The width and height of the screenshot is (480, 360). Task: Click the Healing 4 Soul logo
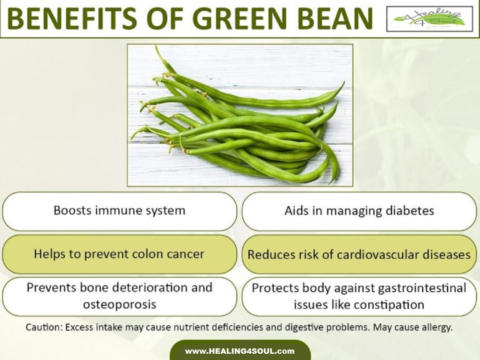430,19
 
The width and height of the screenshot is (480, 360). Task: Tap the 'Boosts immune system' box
119,211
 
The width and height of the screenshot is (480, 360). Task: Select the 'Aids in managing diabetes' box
359,211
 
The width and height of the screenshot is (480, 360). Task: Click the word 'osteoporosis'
119,305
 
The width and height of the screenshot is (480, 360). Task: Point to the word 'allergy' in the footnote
437,327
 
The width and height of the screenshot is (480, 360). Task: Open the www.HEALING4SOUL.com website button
240,351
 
